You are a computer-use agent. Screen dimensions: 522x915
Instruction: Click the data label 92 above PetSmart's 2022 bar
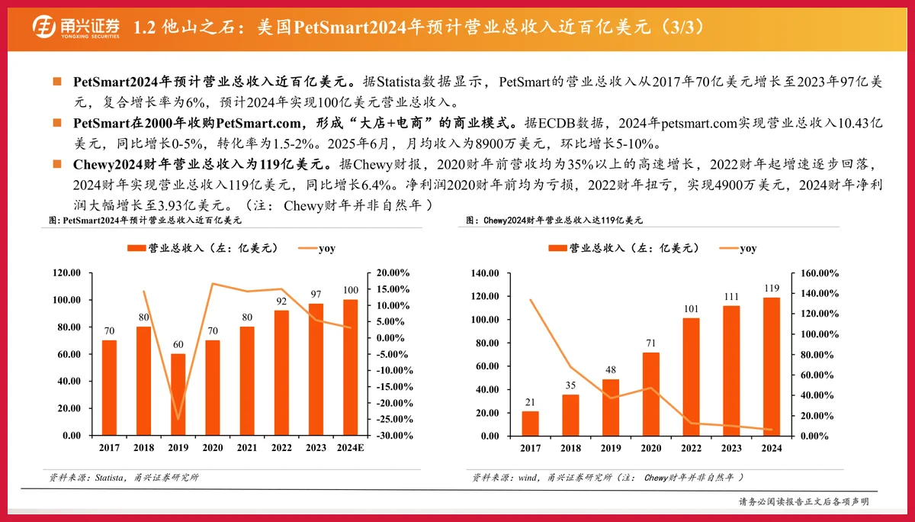281,301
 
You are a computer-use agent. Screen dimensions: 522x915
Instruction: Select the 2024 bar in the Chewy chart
772,366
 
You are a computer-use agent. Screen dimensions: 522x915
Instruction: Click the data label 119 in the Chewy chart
772,288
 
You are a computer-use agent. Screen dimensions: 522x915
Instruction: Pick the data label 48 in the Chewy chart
611,370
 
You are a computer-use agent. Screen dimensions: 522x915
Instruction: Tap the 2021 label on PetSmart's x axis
247,449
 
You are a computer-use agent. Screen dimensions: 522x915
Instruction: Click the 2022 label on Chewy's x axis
691,449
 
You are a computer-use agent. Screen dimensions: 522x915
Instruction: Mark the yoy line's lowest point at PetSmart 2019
178,419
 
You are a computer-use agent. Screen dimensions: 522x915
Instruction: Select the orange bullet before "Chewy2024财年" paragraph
56,163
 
